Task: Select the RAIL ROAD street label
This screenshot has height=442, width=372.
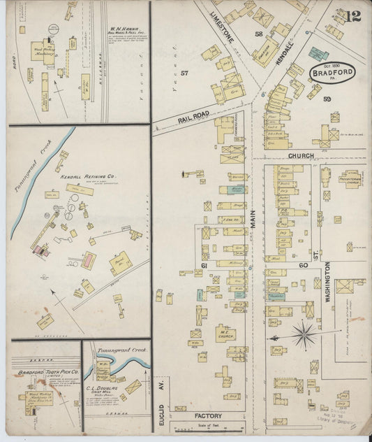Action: pos(193,117)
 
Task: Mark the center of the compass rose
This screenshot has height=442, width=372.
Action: pos(304,334)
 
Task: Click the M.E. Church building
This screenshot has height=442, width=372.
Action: pos(225,333)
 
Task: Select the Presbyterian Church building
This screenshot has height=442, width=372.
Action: pos(350,178)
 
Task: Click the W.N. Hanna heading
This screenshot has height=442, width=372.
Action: pos(125,31)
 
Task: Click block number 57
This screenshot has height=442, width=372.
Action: pos(184,72)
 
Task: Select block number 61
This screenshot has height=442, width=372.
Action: pos(205,266)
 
